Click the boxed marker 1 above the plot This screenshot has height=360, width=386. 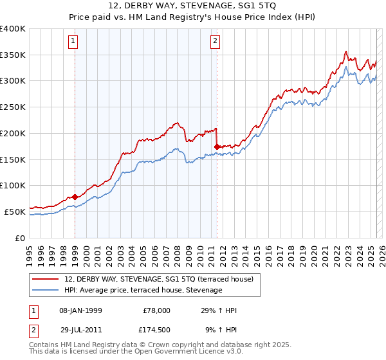tap(73, 42)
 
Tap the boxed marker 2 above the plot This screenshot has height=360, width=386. tap(215, 42)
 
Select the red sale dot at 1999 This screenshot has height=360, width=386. tap(75, 197)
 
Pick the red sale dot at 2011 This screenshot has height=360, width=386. tap(217, 147)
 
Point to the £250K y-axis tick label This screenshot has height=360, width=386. tap(13, 107)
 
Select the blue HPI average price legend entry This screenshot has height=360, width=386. tap(143, 291)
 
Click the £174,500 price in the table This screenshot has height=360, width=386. tap(156, 329)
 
